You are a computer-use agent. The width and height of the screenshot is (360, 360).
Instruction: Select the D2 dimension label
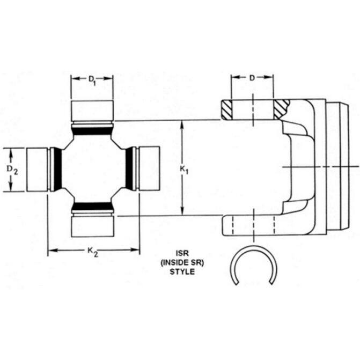(x=12, y=170)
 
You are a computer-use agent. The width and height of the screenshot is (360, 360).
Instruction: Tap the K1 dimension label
(x=184, y=170)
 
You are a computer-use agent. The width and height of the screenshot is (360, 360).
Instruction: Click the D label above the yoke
(x=252, y=78)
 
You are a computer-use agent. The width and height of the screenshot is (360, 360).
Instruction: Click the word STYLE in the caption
(x=181, y=271)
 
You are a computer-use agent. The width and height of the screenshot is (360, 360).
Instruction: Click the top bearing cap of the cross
(x=92, y=110)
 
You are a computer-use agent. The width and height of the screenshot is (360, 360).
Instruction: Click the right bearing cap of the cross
(x=149, y=168)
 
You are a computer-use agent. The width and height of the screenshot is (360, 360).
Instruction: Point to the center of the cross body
(x=92, y=168)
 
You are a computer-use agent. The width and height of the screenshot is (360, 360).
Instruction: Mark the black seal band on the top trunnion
(x=92, y=130)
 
